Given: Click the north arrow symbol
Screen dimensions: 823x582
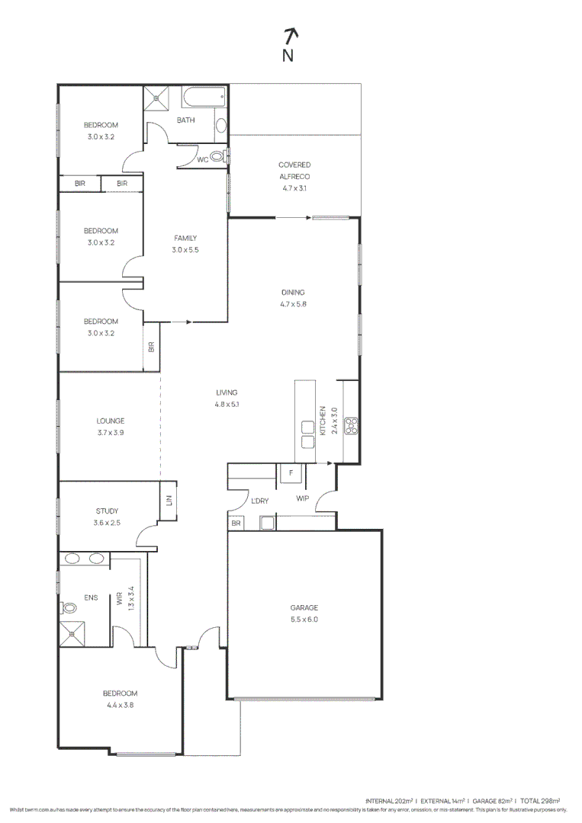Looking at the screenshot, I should point(290,35).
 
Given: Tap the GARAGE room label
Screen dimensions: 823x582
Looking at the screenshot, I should point(304,607).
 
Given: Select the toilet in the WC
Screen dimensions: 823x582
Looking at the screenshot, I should point(218,158).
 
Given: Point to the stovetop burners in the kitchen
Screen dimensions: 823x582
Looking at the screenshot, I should point(352,425).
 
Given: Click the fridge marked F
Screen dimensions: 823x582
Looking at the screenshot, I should point(291,473).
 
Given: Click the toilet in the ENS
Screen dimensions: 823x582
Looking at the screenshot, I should point(69,608).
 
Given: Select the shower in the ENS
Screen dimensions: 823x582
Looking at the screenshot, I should point(74,632).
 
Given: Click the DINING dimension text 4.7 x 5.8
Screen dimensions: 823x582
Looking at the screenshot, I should point(293,304).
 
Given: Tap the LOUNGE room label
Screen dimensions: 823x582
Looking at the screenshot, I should point(111,421).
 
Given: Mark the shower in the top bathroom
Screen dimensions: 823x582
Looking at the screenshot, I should point(159,97).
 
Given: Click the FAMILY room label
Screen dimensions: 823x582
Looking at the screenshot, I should point(185,239).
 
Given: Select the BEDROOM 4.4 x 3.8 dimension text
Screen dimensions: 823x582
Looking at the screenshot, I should point(121,705).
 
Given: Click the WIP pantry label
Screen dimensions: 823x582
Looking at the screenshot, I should point(303,500).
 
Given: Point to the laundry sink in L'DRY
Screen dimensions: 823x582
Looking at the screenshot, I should point(268,523).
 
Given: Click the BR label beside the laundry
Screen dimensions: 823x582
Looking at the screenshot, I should point(236,524).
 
